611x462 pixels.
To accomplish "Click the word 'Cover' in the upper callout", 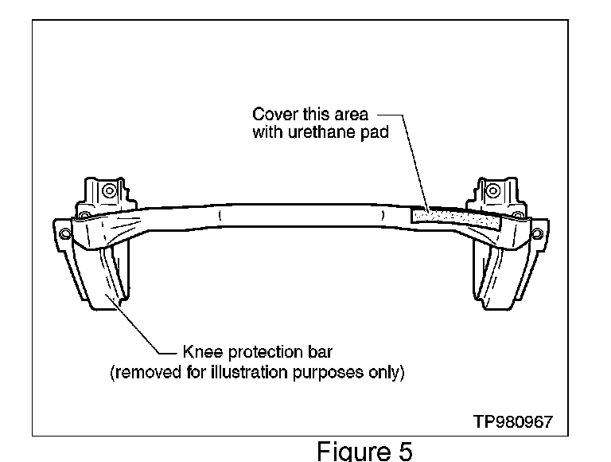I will point(270,115).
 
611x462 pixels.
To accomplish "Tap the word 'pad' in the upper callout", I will point(374,132).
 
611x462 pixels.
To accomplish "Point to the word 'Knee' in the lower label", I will point(202,351).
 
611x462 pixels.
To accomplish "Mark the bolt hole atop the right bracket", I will point(492,191).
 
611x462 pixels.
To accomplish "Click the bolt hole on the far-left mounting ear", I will point(63,233).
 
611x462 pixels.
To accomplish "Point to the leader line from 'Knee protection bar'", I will point(143,327).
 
